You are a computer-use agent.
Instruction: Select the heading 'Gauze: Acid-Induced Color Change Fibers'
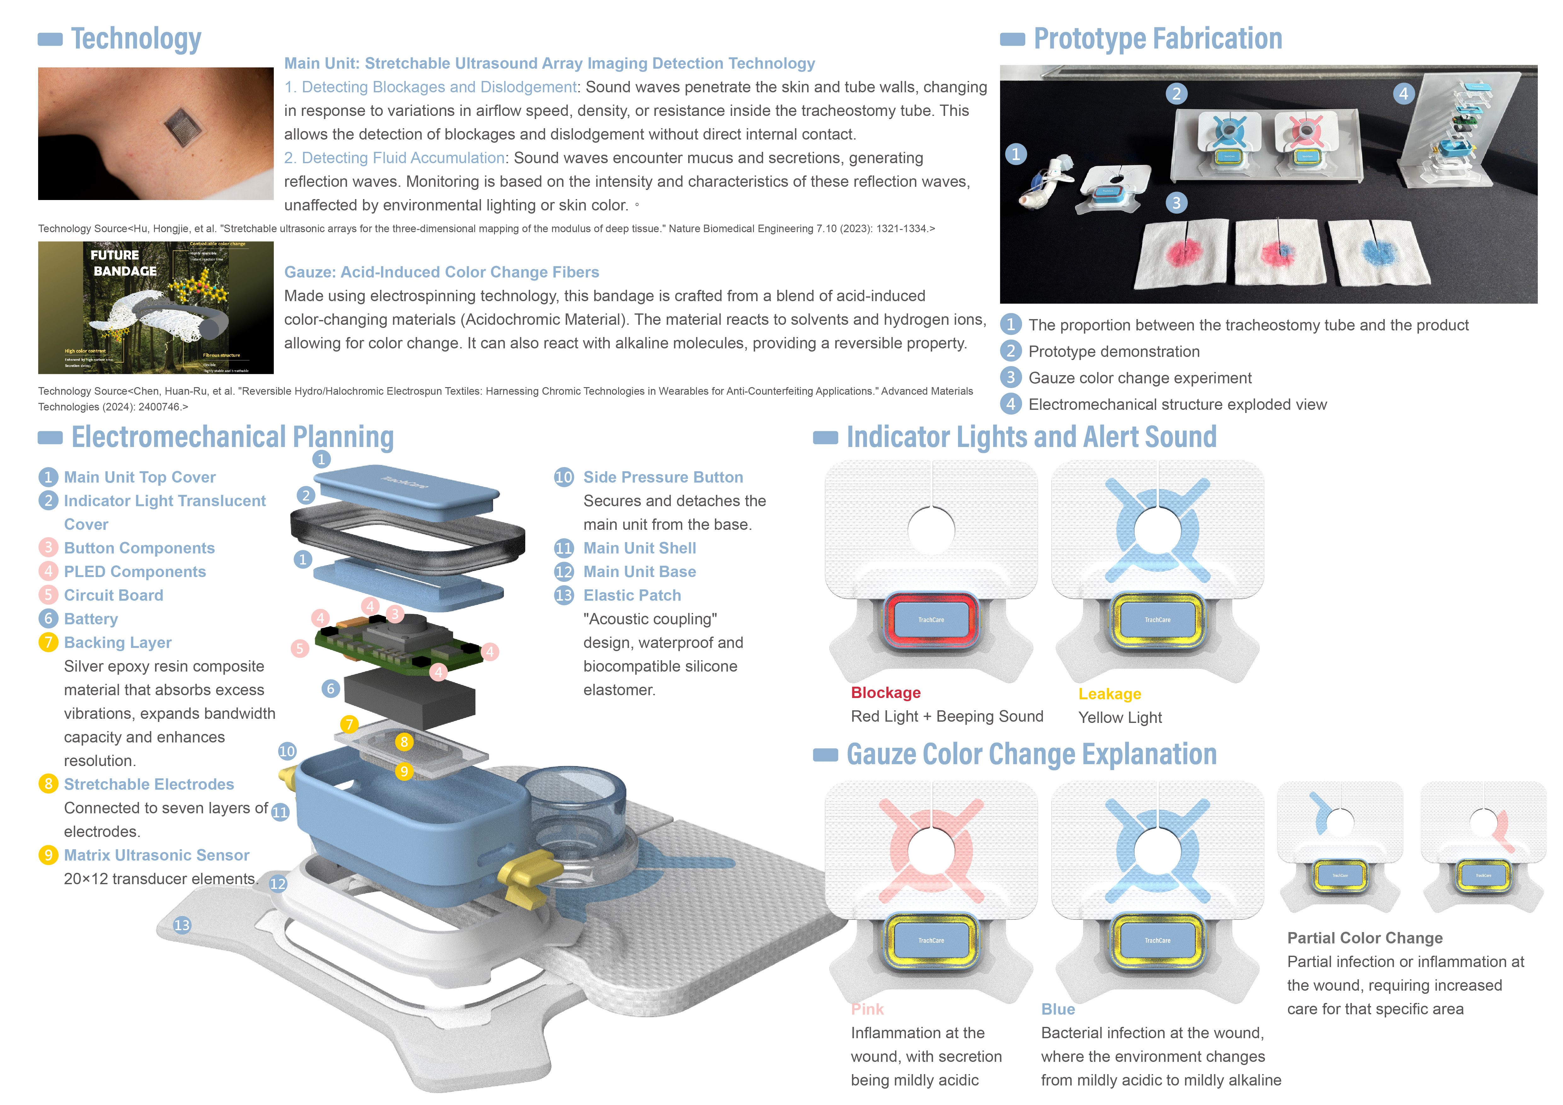[441, 272]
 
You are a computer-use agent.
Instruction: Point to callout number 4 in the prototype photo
[1403, 94]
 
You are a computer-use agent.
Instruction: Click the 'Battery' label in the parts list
[90, 619]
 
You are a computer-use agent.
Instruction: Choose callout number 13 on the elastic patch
[182, 925]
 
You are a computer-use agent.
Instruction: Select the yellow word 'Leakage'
[1110, 694]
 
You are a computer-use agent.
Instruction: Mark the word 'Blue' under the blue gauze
[1058, 1010]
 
